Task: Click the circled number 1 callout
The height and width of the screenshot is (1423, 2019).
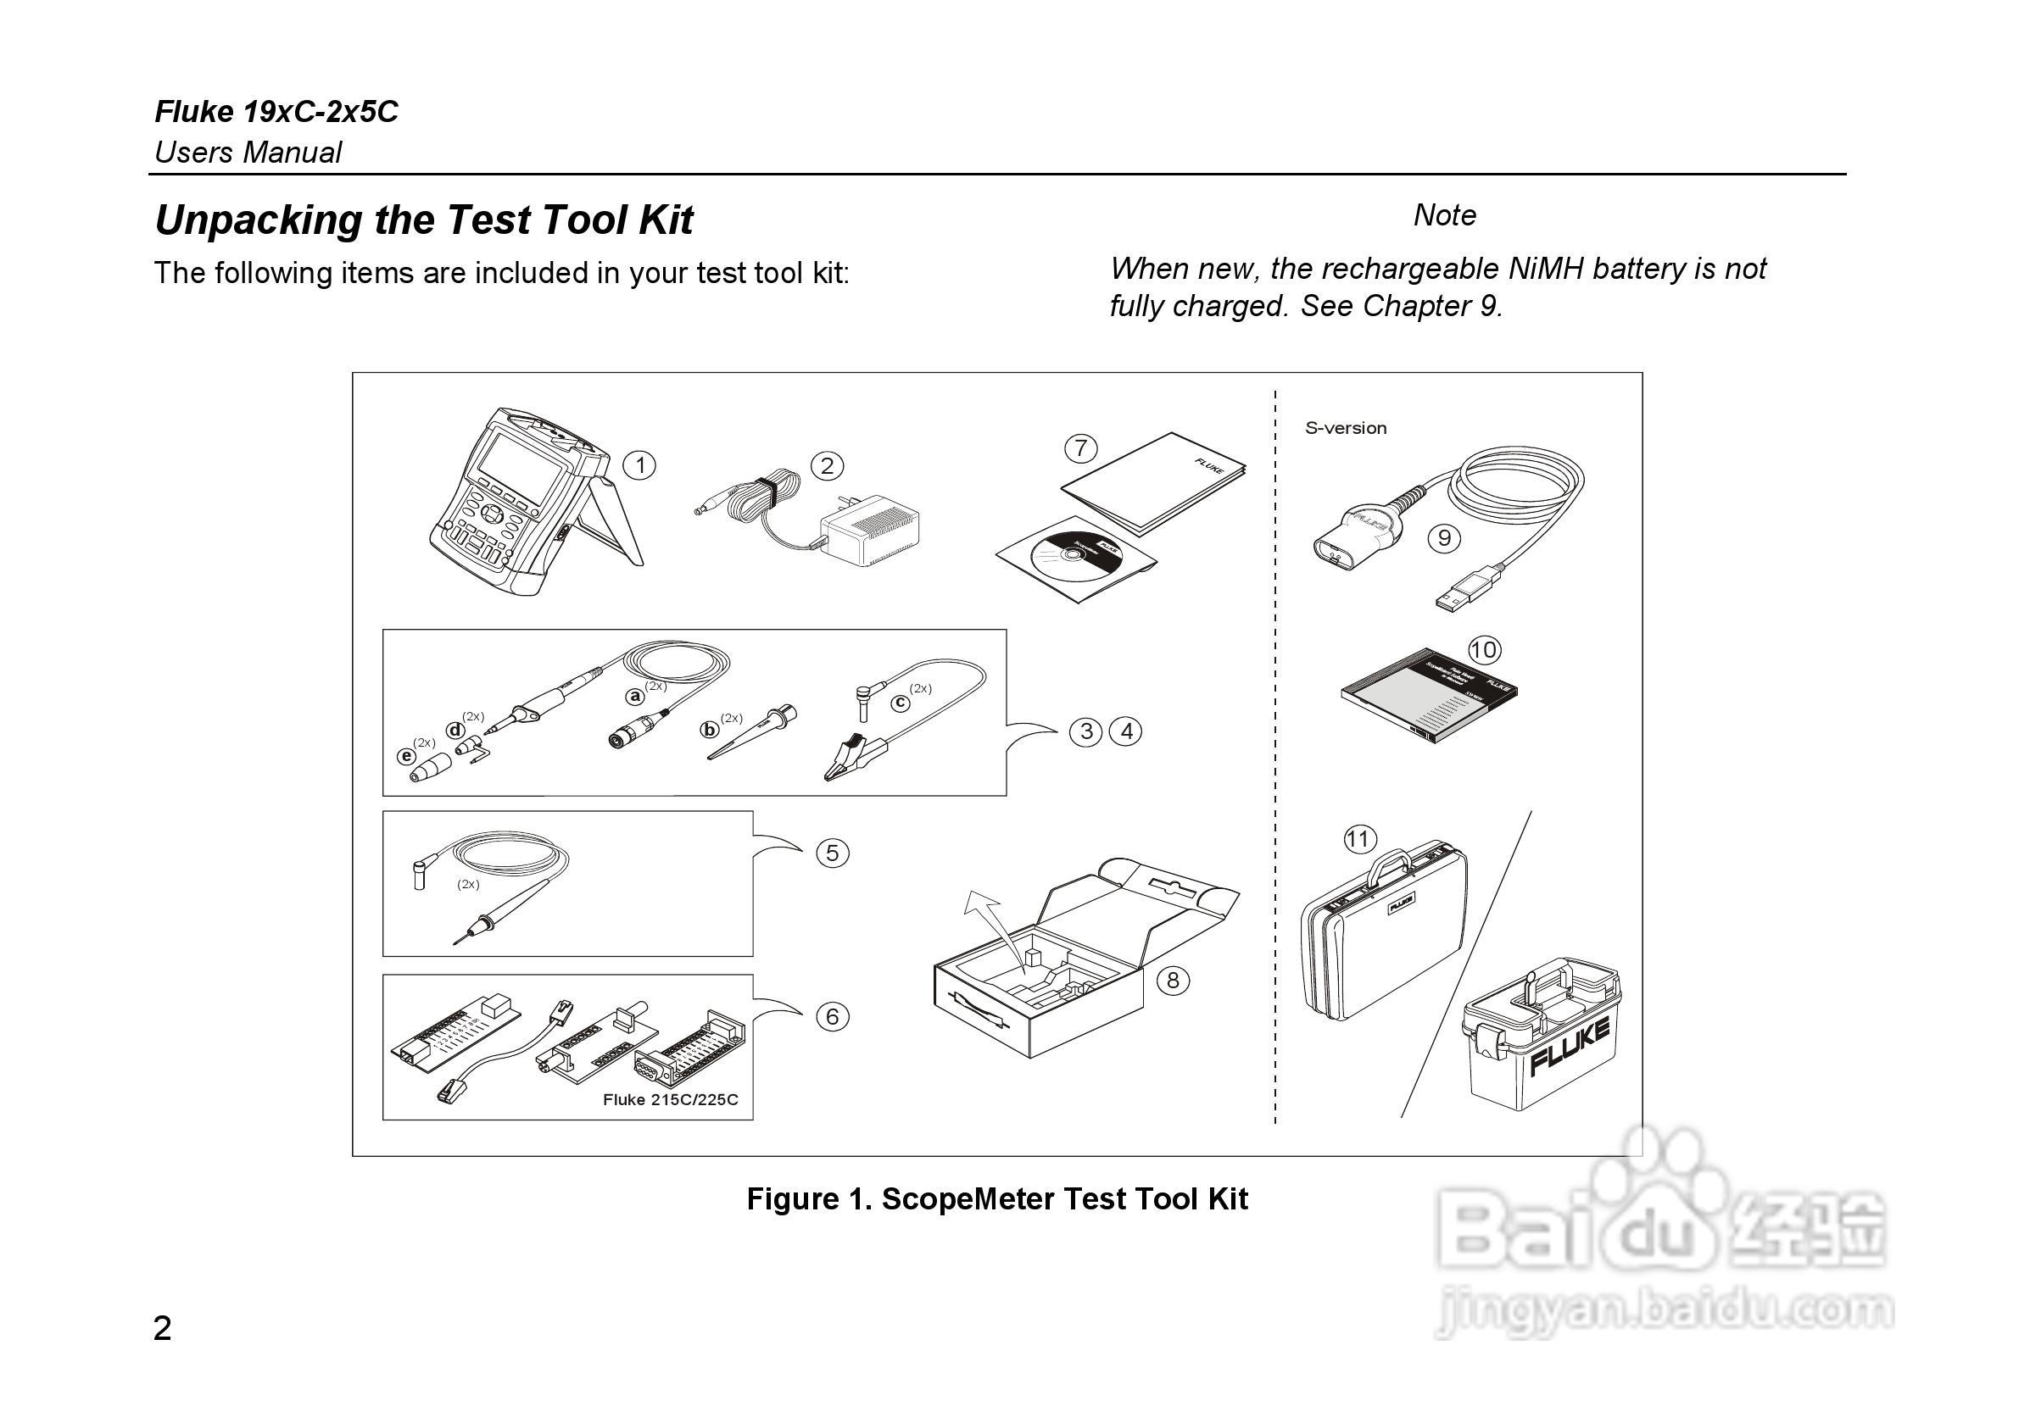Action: point(639,465)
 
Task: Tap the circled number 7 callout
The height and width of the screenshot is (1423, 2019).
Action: point(1080,448)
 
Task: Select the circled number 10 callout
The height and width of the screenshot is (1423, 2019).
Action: point(1484,650)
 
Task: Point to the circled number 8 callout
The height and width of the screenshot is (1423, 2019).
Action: point(1172,980)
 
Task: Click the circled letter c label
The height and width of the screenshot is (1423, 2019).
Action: point(901,703)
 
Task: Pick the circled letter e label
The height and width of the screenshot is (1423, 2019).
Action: point(406,756)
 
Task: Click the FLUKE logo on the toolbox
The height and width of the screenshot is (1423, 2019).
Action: point(1570,1047)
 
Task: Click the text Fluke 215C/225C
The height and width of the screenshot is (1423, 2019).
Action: point(670,1099)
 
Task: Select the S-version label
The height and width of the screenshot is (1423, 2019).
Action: point(1346,429)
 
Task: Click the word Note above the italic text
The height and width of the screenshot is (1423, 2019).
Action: point(1445,215)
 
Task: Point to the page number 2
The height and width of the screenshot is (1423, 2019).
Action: point(163,1328)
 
